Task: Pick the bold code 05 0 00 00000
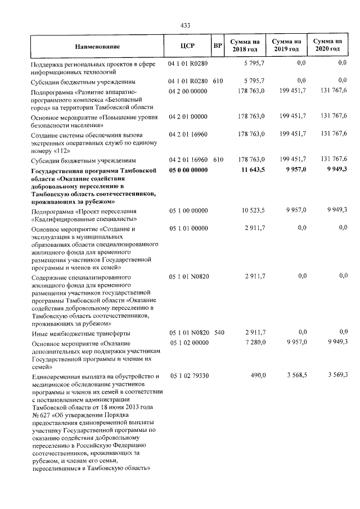tap(188, 170)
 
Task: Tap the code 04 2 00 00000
tap(188, 90)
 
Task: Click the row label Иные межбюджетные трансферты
tap(78, 333)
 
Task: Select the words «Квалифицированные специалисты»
tap(83, 219)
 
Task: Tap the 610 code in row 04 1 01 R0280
tap(219, 81)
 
